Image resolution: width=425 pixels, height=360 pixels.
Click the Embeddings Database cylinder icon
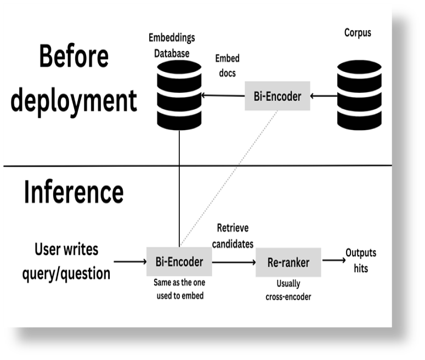click(179, 95)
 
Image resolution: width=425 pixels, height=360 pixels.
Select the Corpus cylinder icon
click(359, 95)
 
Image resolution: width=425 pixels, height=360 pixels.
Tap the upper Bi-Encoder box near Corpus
click(277, 96)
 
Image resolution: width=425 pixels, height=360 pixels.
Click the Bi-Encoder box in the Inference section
click(179, 262)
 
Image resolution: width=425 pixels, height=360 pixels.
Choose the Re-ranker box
click(288, 262)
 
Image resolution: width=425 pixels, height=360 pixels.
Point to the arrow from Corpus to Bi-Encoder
click(324, 96)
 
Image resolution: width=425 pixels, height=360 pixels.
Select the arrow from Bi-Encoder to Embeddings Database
click(223, 95)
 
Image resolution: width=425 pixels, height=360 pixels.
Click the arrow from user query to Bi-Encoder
click(130, 262)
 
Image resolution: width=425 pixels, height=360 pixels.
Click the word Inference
click(73, 192)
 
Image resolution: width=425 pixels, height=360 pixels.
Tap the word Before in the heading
click(73, 57)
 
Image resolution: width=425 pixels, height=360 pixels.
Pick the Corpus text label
click(358, 33)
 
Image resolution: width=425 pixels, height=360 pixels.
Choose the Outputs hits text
click(360, 261)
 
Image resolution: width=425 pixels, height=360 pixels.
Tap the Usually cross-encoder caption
click(288, 291)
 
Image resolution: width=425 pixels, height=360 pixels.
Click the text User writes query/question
click(66, 261)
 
